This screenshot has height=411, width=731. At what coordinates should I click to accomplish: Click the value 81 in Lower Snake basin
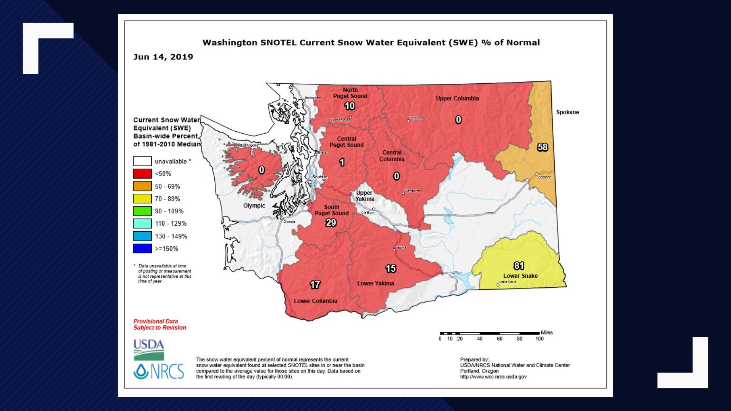519,266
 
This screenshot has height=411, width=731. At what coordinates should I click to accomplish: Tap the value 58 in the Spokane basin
543,147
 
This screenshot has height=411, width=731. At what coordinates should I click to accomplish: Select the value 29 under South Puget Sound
331,223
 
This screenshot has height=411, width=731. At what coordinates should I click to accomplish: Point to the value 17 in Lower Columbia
315,285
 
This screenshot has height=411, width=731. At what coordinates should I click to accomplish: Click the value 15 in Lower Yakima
391,269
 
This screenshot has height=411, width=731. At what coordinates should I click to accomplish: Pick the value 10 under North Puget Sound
350,106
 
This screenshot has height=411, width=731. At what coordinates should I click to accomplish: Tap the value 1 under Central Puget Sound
342,162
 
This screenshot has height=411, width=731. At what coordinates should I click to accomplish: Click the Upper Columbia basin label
457,98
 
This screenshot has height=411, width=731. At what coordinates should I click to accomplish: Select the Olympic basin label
254,205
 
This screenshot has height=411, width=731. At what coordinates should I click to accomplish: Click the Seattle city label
320,177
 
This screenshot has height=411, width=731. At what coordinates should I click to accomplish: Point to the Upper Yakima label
365,196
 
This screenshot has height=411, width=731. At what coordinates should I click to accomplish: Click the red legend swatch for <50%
142,174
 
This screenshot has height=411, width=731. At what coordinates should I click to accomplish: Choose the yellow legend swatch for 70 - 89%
142,199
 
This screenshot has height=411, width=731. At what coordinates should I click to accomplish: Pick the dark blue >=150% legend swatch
142,249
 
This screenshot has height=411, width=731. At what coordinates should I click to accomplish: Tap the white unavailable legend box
142,161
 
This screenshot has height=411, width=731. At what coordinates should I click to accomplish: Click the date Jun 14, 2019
163,57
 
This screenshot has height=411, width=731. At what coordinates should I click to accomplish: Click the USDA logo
149,350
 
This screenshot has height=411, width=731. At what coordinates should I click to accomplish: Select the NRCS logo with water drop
159,371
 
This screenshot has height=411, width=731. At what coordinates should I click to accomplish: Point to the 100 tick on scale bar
539,339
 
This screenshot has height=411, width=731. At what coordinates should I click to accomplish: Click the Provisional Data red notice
160,324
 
